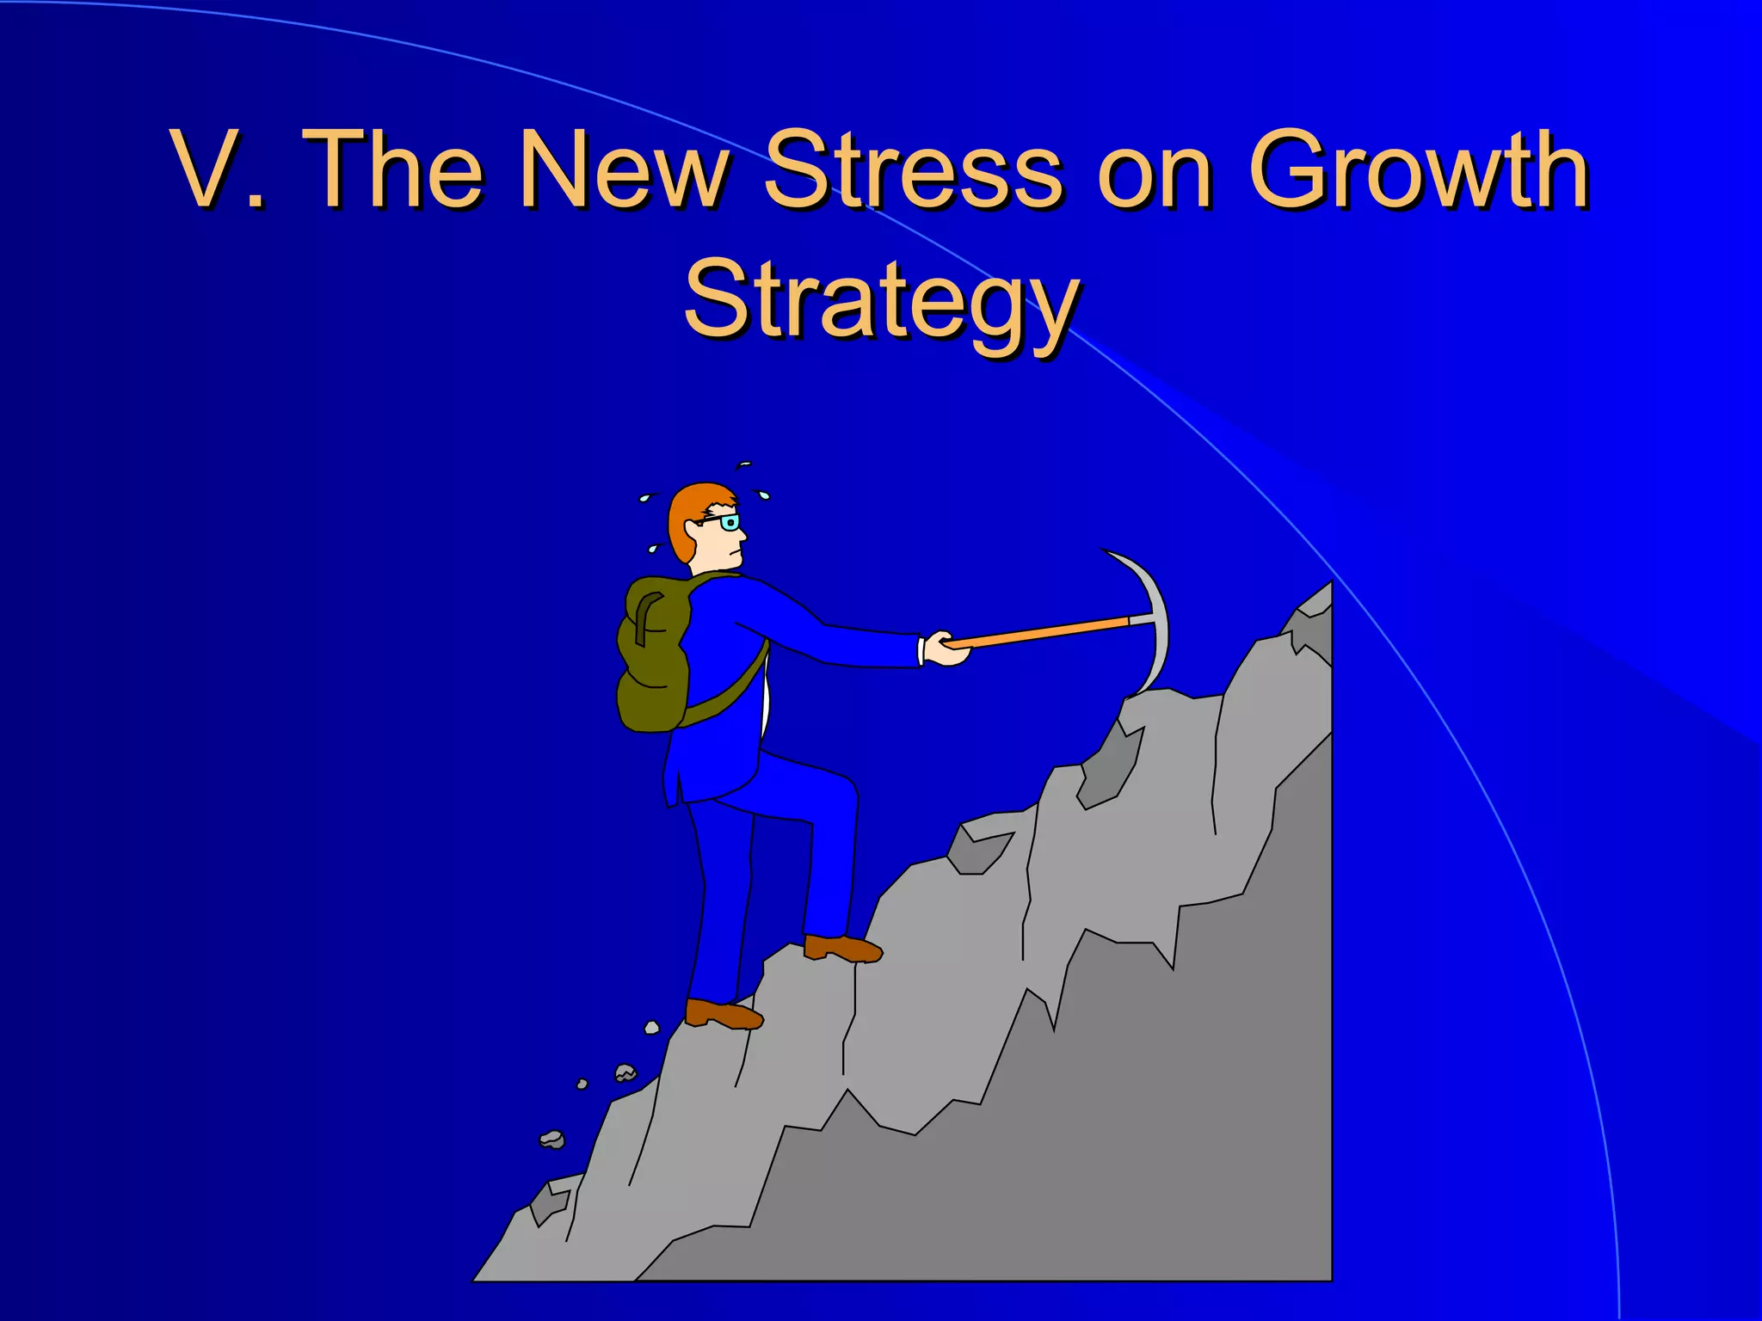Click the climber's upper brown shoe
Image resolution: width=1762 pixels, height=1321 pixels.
(842, 949)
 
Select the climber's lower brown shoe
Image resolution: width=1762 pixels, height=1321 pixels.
(723, 1015)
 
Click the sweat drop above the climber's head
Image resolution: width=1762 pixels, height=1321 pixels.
(745, 464)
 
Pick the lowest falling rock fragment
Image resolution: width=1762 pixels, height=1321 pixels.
(552, 1140)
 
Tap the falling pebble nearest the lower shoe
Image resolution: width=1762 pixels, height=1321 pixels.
(651, 1027)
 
